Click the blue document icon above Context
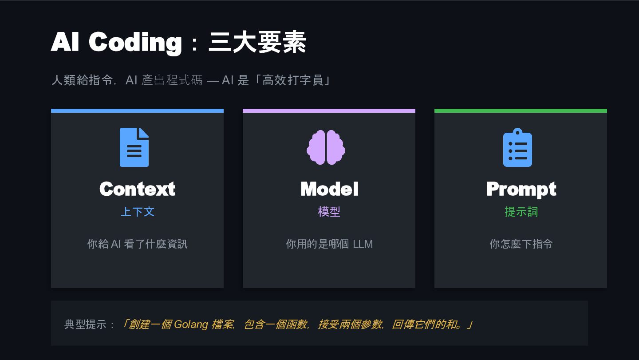(x=134, y=147)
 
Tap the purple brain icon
(x=326, y=148)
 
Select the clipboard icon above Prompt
(x=517, y=147)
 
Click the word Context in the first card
(x=137, y=189)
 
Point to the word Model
(x=329, y=189)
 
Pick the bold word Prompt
(x=521, y=189)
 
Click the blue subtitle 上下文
(x=137, y=212)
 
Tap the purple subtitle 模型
(x=329, y=212)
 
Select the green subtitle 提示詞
(x=521, y=212)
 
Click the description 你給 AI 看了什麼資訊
(x=137, y=244)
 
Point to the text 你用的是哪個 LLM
(x=329, y=244)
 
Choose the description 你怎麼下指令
(x=521, y=244)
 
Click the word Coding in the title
(x=135, y=43)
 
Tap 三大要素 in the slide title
(x=257, y=43)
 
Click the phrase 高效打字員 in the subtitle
(x=293, y=80)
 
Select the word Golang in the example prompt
(x=191, y=324)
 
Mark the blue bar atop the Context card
(x=137, y=111)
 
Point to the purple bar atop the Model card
(x=329, y=111)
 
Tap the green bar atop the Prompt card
(x=521, y=111)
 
